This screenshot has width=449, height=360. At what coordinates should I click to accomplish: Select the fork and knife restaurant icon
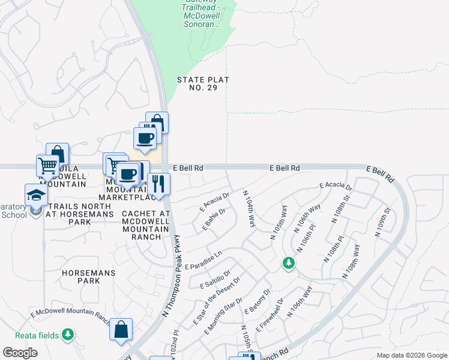click(158, 183)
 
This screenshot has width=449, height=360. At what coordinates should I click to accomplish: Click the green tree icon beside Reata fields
click(69, 333)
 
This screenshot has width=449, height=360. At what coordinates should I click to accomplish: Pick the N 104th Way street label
click(249, 209)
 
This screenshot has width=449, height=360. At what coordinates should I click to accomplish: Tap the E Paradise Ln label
click(203, 260)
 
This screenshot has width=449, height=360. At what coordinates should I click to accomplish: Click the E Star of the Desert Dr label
click(217, 302)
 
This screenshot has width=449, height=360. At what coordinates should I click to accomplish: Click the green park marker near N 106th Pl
click(289, 263)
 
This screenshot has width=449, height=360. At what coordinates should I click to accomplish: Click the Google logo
click(20, 353)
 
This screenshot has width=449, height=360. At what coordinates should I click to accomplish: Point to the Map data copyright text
click(411, 355)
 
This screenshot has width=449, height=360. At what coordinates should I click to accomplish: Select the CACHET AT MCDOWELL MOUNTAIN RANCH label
click(145, 225)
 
